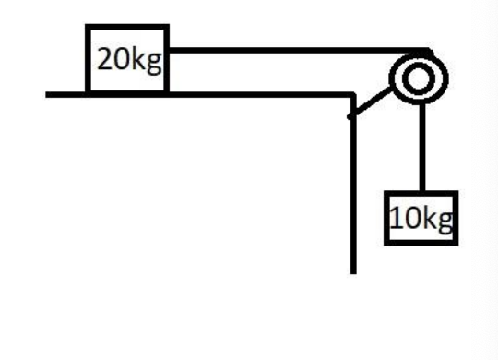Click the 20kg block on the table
pos(127,59)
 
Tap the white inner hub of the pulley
pos(419,79)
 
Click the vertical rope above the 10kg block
pos(421,148)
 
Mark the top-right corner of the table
pos(353,93)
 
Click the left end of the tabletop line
pos(48,93)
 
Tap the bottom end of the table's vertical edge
pos(353,271)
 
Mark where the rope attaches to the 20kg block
pos(168,50)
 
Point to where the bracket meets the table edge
pos(351,115)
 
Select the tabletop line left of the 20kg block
pos(66,93)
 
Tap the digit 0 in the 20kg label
pos(121,61)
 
